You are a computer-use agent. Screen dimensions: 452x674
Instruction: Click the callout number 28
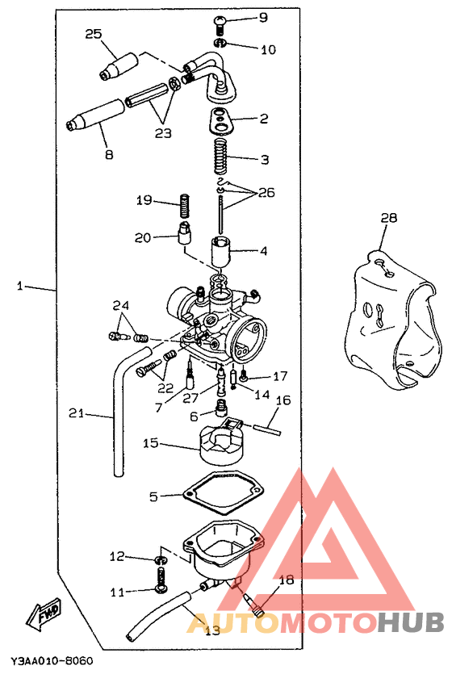pos(388,218)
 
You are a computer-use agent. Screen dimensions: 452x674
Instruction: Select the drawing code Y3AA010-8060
pos(52,660)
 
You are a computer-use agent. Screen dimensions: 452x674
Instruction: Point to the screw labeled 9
pos(220,25)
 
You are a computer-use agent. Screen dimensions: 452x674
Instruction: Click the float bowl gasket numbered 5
pos(223,492)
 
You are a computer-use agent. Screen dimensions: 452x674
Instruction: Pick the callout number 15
pos(151,442)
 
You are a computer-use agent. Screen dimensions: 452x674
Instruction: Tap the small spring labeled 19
pos(184,205)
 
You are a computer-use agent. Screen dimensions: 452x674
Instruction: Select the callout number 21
pos(76,413)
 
